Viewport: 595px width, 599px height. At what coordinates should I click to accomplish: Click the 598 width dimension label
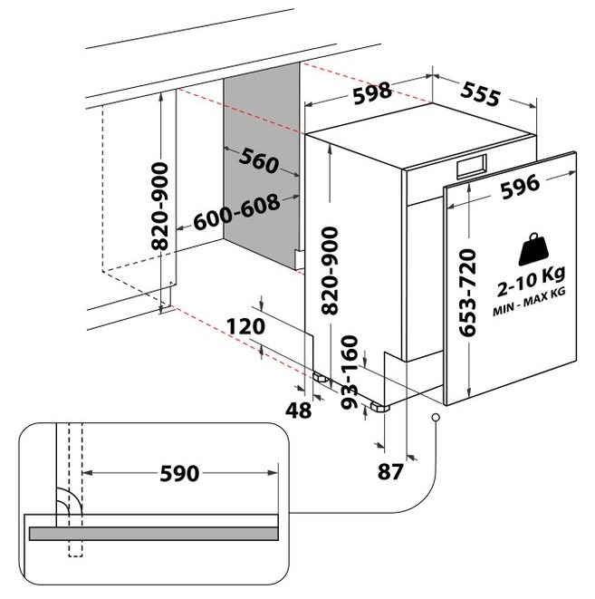coord(372,92)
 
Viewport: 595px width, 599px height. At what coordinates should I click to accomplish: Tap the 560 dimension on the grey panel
coord(259,160)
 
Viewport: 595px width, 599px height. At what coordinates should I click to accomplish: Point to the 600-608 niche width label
coord(236,212)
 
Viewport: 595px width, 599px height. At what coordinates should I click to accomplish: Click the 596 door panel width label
coord(520,187)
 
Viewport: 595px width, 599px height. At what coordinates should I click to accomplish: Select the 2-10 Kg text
coord(531,282)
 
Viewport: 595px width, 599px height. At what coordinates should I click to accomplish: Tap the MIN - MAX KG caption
coord(529,302)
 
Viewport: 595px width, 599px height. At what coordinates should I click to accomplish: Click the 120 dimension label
coord(245,326)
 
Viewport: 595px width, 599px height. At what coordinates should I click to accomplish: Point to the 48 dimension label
coord(299,411)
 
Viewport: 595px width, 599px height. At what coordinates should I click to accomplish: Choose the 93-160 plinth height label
coord(350,372)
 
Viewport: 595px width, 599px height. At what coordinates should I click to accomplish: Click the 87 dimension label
coord(390,471)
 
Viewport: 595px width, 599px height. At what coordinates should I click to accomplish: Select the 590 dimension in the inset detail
coord(179,473)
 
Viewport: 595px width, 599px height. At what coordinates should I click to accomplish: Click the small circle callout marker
coord(436,417)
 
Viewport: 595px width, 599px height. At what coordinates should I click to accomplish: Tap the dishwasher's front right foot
coord(380,407)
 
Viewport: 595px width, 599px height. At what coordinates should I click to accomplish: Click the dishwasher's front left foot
coord(321,378)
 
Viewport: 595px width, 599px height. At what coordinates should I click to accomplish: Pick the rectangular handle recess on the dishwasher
coord(472,167)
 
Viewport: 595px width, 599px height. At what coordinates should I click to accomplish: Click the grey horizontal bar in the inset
coord(153,533)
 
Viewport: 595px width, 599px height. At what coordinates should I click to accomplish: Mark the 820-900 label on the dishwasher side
coord(330,271)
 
